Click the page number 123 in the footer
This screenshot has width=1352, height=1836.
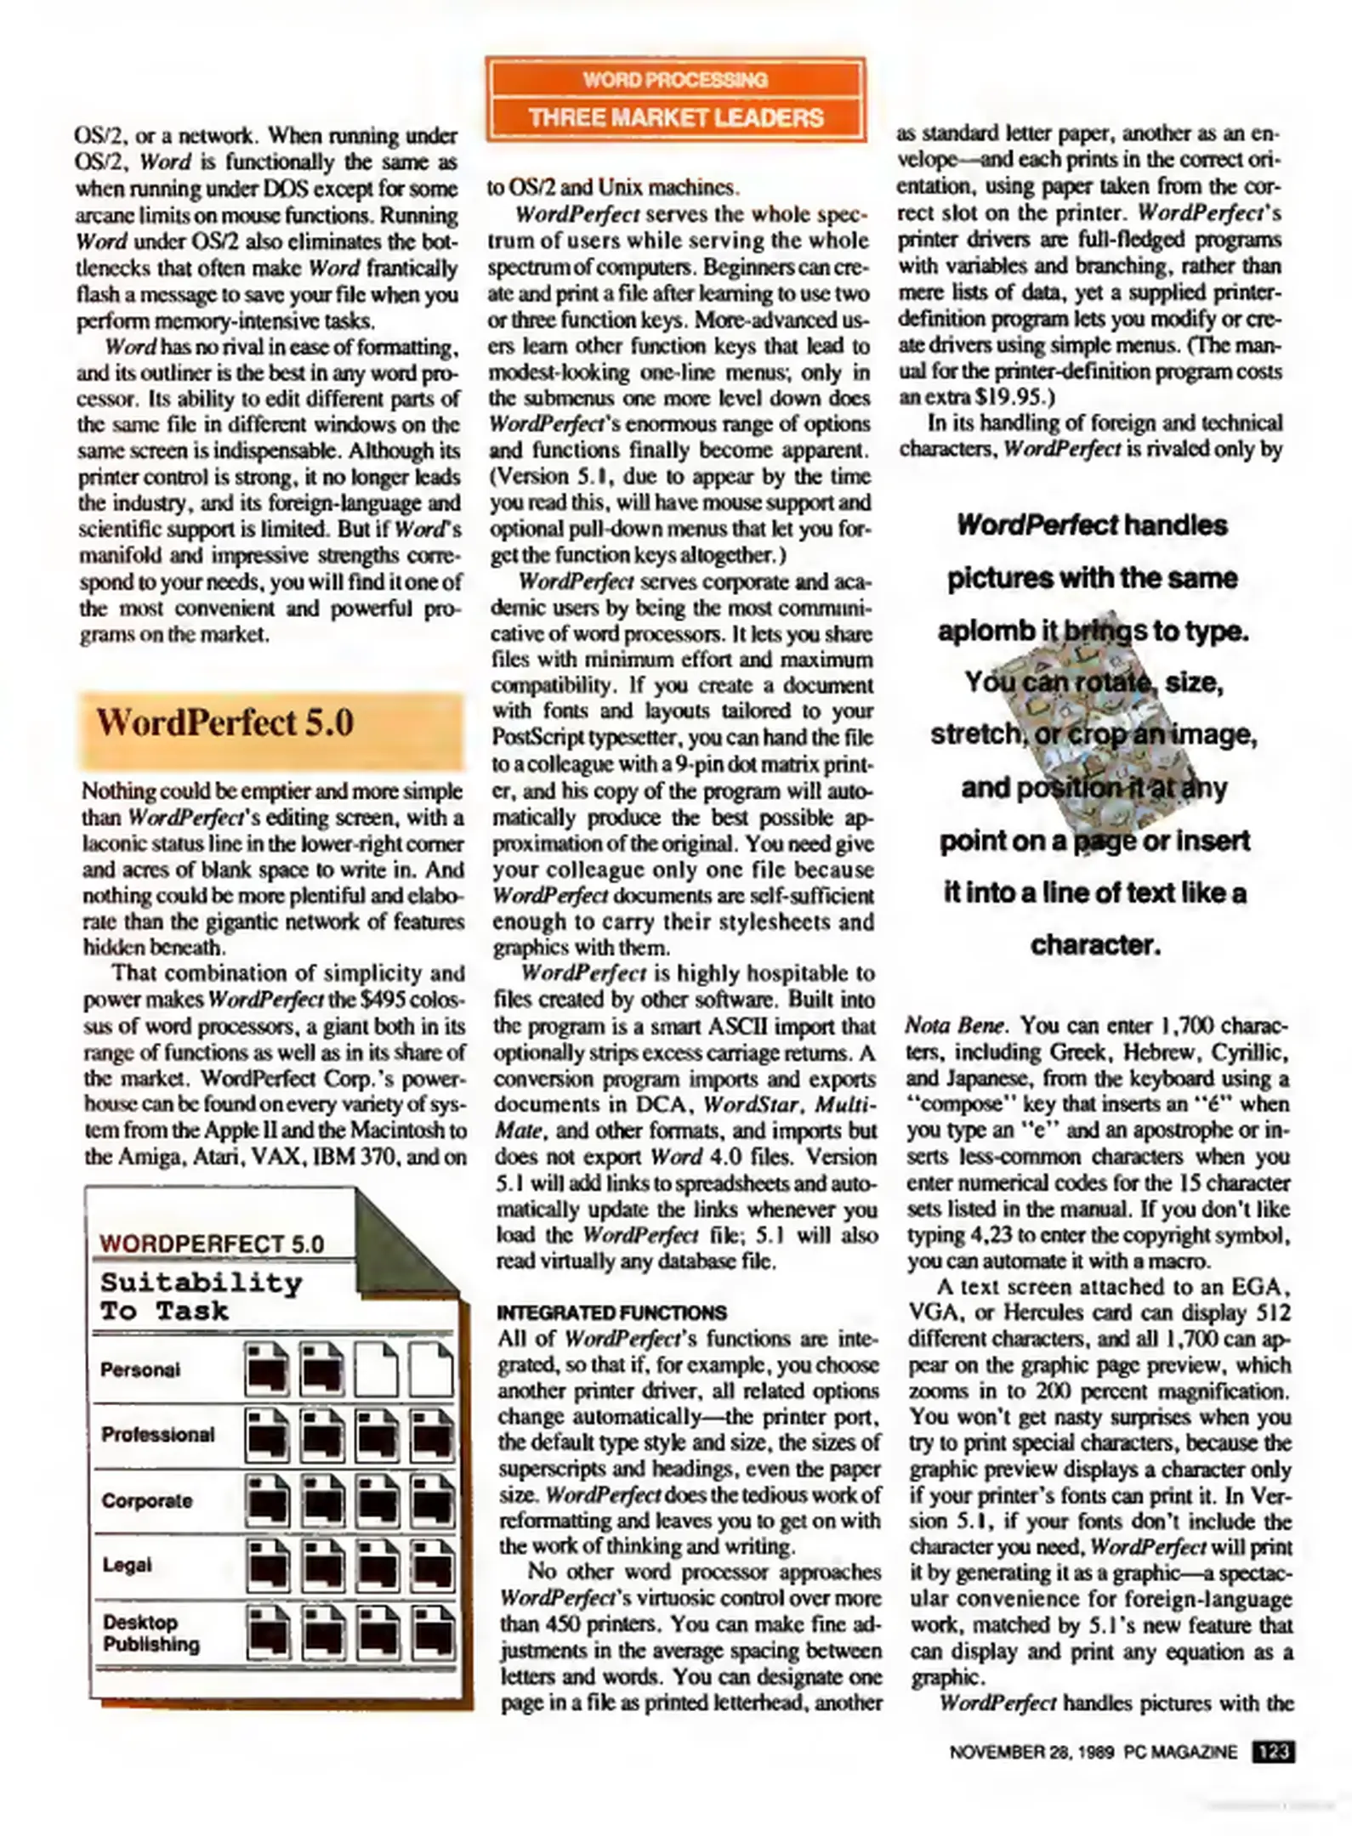(1273, 1752)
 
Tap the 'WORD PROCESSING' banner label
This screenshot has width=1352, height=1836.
(675, 80)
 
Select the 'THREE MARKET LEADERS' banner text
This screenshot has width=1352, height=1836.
(675, 117)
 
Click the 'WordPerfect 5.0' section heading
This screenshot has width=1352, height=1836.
(224, 724)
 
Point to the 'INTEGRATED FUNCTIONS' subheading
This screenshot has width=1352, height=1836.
(611, 1312)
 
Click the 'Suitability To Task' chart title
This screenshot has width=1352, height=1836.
(201, 1296)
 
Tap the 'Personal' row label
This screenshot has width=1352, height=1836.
(140, 1370)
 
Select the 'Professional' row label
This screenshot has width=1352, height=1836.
(157, 1435)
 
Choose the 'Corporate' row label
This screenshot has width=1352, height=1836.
(146, 1500)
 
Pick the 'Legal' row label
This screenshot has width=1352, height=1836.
(127, 1565)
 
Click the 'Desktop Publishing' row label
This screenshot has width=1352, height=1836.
(151, 1633)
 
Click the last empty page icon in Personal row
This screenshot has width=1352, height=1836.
(430, 1369)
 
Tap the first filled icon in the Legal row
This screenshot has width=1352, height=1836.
(267, 1565)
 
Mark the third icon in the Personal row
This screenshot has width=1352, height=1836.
(376, 1369)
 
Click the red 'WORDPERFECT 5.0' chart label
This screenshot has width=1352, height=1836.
(212, 1244)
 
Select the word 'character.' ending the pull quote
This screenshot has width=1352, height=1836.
(1095, 945)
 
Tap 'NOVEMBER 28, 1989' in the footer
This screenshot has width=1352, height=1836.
(1031, 1753)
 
